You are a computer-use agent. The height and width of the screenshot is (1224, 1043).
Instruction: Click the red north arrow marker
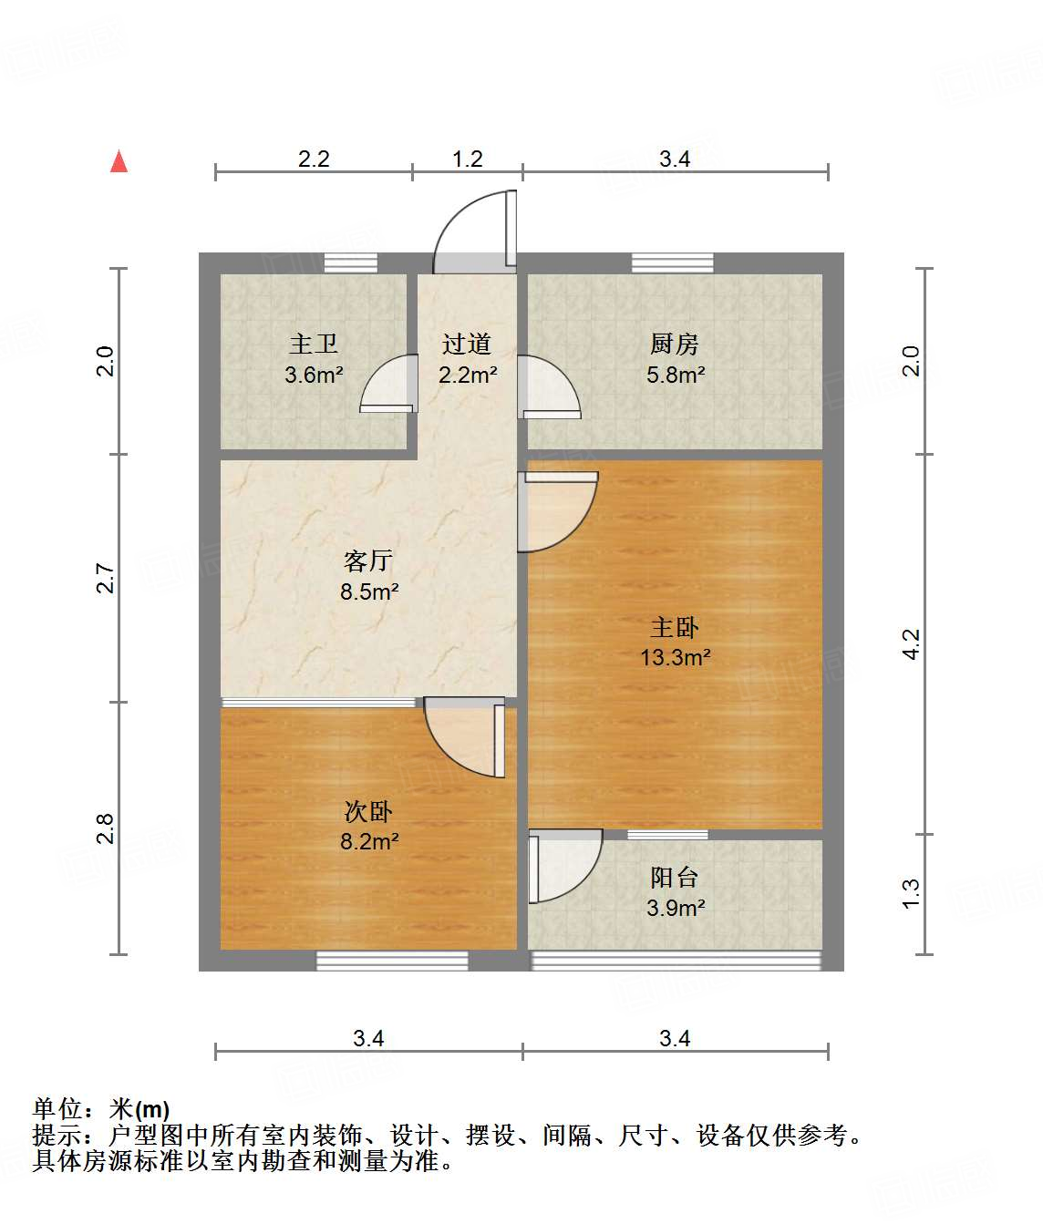coord(119,161)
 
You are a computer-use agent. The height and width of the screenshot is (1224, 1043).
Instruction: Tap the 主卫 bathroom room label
coord(314,345)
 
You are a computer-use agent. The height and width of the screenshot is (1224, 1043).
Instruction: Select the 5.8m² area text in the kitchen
coord(676,375)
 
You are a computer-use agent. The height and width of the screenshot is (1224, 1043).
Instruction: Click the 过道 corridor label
coord(467,345)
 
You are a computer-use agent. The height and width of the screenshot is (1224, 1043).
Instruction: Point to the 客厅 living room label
coord(368,561)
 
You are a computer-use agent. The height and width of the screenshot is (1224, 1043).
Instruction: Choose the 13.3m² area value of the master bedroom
coord(676,657)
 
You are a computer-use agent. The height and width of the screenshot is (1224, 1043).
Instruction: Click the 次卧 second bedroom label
coord(368,811)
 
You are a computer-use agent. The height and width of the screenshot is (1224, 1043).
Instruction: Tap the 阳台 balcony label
coord(675,878)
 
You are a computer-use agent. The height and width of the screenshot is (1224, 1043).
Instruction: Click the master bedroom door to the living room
coord(558,511)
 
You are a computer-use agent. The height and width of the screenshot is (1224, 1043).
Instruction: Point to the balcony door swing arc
coord(566,865)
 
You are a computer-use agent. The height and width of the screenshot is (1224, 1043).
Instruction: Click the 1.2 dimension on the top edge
coord(468,159)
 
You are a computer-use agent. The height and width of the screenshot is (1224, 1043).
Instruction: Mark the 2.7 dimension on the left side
coord(106,579)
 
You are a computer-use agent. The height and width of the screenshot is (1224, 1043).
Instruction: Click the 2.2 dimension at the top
coord(314,159)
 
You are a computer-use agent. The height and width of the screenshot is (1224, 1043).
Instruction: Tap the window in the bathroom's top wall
coord(351,262)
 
